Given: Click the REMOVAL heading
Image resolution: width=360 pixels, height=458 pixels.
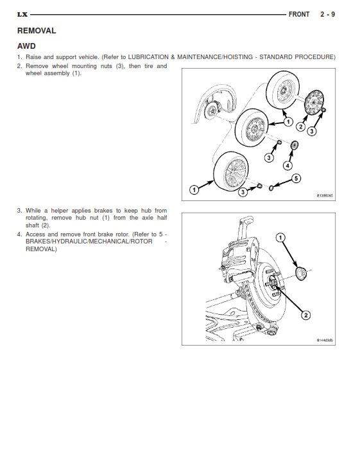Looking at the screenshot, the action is pos(37,31).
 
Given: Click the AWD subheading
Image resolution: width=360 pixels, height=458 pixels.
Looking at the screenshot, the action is pos(26,46).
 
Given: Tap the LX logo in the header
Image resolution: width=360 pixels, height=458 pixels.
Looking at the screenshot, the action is pos(22,14).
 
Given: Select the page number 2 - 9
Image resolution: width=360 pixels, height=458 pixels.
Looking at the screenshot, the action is pos(328,14).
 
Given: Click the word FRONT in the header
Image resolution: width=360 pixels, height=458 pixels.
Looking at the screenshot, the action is pos(299,14).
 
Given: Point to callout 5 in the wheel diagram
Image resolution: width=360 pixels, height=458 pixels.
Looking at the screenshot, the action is pos(296,178).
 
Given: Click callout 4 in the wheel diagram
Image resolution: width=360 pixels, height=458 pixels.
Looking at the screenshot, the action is pos(287,166).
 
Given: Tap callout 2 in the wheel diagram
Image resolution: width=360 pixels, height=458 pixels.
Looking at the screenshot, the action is pos(301,127).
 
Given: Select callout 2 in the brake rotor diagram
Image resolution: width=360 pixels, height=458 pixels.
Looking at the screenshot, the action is pos(305,315).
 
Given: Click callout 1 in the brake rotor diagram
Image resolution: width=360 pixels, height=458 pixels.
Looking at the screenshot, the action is pos(280,238).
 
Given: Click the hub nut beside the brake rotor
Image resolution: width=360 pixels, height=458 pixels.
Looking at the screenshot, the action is pos(301,274).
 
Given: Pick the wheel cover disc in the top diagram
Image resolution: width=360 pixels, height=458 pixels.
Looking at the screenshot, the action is pos(314,103).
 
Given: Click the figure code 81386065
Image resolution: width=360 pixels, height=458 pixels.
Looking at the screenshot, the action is pos(325,196).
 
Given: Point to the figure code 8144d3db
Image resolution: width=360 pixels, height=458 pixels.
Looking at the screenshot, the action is pos(325,340).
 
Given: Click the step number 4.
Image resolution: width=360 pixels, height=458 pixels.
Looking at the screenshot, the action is pos(19,234).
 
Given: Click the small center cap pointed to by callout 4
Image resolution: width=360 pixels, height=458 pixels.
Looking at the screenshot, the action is pos(295,145).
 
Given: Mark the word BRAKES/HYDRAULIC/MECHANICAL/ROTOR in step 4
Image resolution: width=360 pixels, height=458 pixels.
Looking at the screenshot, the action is pos(89,242).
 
